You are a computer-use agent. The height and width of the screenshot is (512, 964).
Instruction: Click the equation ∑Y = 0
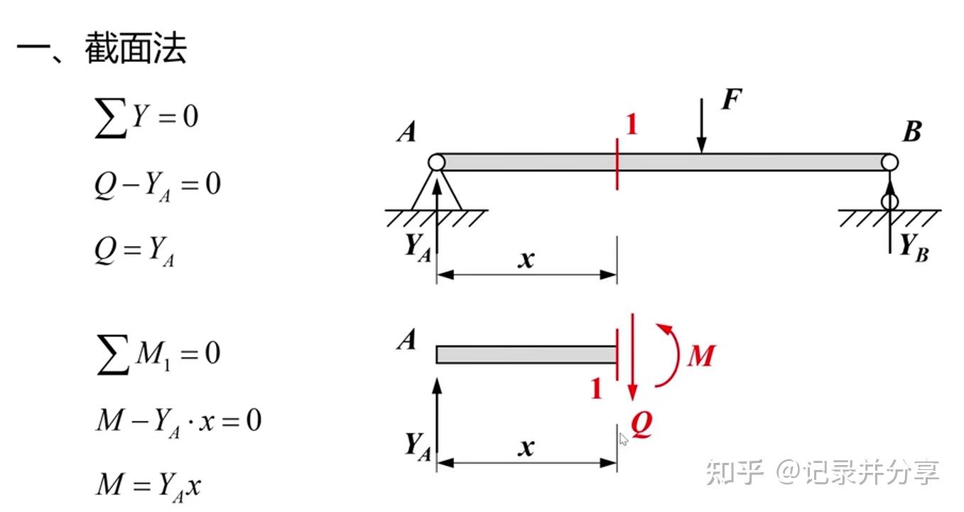point(146,117)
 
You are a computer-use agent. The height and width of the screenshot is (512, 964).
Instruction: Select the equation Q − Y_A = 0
point(157,186)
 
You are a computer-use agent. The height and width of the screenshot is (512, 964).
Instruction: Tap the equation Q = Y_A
point(134,251)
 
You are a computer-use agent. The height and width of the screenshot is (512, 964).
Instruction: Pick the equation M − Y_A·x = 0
point(178,421)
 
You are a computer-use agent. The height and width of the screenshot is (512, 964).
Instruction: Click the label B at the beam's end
point(912,132)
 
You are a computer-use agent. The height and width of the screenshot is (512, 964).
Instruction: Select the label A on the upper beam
point(406,132)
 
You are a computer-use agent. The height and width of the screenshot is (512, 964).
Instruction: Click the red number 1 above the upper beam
point(631,125)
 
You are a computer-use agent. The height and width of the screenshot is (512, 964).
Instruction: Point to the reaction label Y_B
point(914,247)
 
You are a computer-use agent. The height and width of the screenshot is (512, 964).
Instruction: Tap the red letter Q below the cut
point(641,425)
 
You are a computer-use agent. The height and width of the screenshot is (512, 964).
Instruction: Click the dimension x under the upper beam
point(526,260)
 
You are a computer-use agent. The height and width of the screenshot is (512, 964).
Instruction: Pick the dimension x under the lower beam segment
point(526,448)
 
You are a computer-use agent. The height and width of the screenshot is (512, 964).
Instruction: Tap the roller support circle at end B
point(889,201)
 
